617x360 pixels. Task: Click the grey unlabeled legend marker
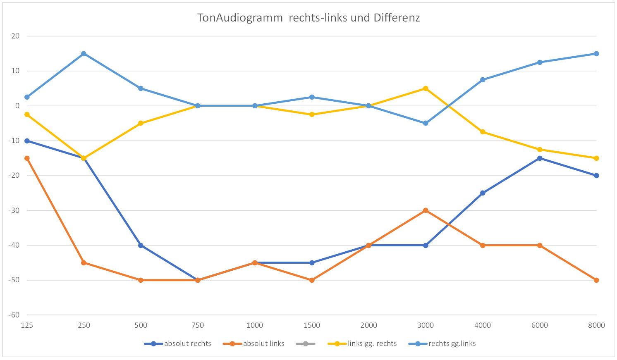point(306,343)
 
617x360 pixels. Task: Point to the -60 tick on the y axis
point(14,315)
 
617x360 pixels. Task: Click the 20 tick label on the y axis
point(16,36)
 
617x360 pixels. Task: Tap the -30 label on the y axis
point(14,210)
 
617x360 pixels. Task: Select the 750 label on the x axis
point(198,325)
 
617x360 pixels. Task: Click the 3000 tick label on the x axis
point(426,325)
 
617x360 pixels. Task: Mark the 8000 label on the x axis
point(596,325)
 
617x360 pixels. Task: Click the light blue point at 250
point(84,54)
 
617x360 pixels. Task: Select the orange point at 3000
point(426,210)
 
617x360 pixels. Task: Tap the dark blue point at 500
point(141,246)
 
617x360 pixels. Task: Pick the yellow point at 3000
point(426,88)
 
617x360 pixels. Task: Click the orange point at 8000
point(596,280)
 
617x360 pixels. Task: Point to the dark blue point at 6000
point(540,158)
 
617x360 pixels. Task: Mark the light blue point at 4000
point(483,80)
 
